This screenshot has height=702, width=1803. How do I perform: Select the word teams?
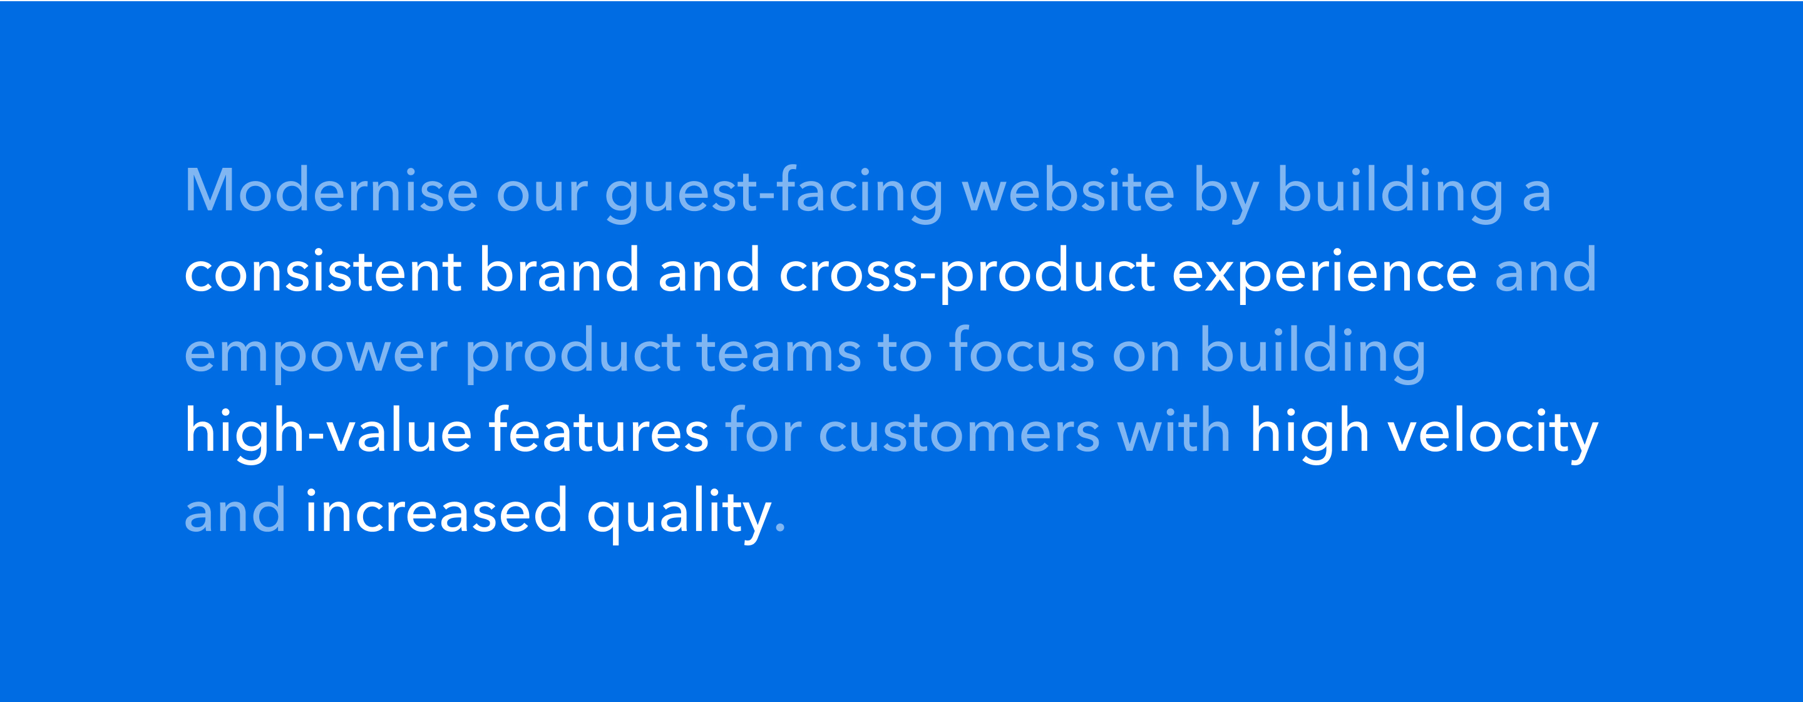(x=779, y=351)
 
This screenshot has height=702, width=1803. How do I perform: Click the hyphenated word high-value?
(x=328, y=431)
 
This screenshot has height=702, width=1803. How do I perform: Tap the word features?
(x=598, y=429)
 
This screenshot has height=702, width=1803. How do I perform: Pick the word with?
(x=1174, y=429)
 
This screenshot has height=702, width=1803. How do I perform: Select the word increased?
(x=437, y=510)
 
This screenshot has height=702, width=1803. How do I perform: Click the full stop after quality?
(x=781, y=529)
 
